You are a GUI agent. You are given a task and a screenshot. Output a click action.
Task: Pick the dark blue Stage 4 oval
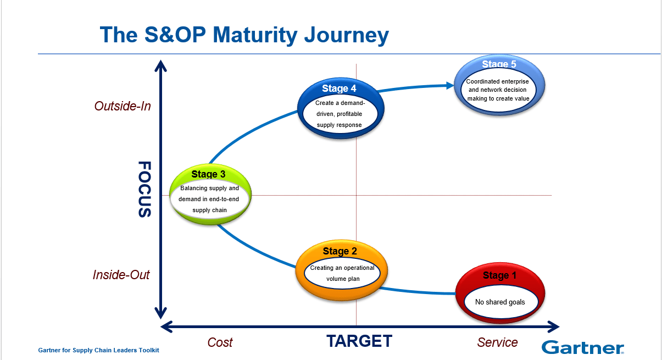340,107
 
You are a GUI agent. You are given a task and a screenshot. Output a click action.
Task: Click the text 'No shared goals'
500,302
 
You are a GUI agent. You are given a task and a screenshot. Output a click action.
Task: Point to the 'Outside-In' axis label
122,106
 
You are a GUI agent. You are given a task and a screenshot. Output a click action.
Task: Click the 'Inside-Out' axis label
121,275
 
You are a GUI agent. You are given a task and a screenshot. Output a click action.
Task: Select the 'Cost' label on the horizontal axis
220,342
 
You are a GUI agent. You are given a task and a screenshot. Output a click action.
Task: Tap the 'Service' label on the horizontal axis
497,342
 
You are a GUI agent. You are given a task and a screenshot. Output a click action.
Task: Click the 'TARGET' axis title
359,341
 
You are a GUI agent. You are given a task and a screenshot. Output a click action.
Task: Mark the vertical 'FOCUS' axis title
144,189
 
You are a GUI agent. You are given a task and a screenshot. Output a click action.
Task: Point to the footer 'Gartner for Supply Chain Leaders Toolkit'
98,350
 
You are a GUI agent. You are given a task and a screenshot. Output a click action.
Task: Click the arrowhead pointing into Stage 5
450,85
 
